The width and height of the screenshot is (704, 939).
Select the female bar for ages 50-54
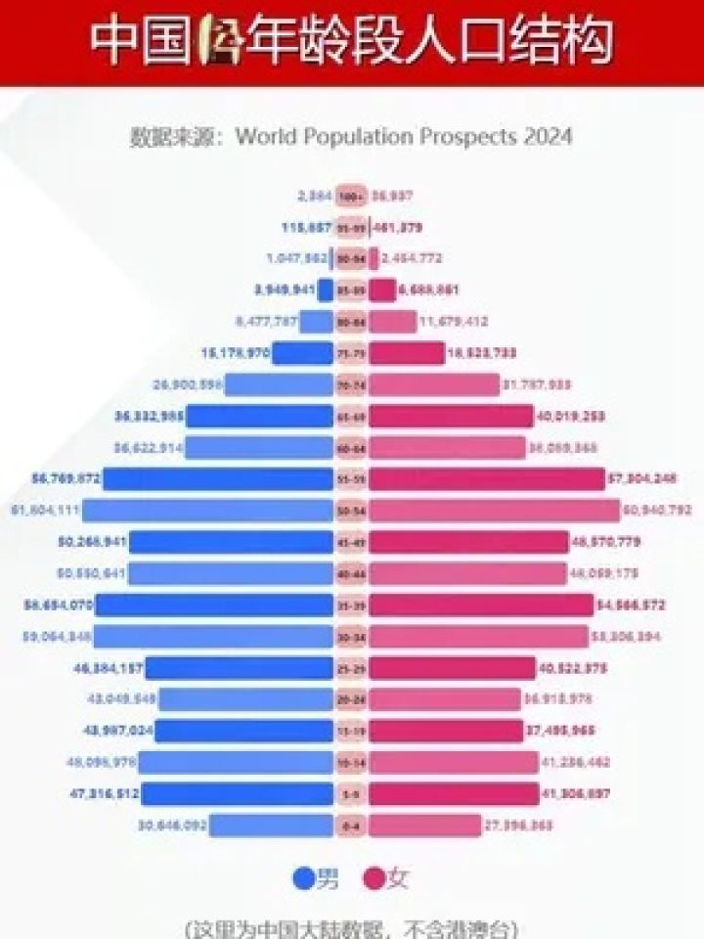tap(495, 511)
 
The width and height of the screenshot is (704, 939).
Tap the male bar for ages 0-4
tap(271, 827)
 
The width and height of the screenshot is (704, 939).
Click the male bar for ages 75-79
tap(302, 353)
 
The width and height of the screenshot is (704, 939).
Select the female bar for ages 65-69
tap(451, 417)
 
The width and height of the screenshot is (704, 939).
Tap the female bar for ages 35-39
tap(480, 605)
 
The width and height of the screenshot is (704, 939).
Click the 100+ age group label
tap(351, 196)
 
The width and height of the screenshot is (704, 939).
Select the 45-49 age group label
tap(351, 543)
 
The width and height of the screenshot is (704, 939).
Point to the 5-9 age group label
tap(351, 795)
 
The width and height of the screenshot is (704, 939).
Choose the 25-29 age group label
tap(351, 669)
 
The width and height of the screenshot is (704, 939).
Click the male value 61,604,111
tap(44, 511)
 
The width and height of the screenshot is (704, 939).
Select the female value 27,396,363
tap(518, 827)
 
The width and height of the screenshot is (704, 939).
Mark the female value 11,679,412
tap(454, 322)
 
